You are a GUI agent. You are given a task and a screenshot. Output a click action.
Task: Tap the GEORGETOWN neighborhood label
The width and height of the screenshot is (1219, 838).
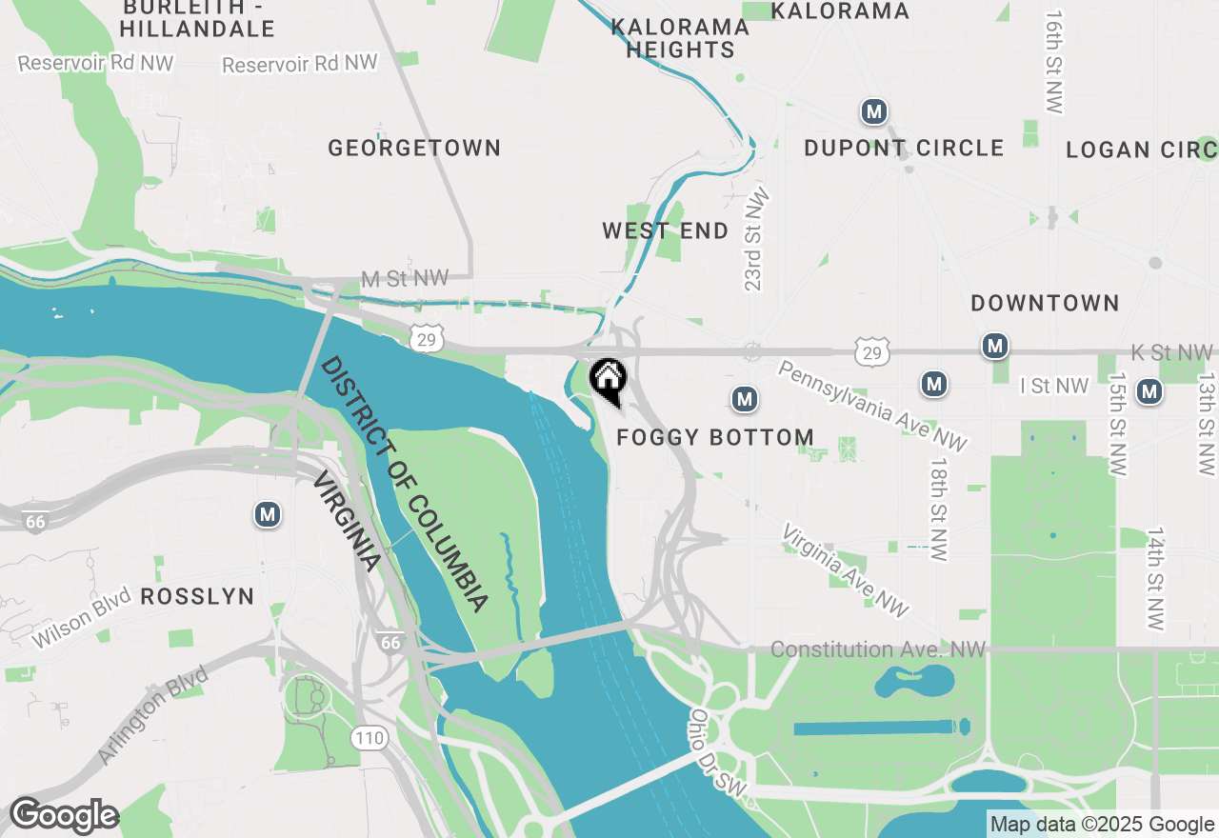pos(414,148)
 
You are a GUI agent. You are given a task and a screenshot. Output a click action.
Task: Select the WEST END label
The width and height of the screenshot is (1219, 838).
pos(665,230)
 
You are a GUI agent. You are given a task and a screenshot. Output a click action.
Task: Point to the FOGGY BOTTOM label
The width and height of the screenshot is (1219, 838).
pos(715,437)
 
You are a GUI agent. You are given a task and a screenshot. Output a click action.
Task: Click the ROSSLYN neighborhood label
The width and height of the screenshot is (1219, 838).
pos(197,597)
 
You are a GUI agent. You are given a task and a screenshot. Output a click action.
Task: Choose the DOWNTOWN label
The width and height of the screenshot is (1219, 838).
pos(1045,303)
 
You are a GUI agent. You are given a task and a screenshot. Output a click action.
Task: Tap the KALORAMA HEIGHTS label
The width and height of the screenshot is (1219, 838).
pos(680,38)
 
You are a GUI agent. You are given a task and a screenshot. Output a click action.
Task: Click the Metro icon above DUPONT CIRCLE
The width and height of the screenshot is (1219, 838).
pos(873,111)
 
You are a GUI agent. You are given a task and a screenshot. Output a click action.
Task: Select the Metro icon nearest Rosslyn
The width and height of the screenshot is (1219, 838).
pos(268,515)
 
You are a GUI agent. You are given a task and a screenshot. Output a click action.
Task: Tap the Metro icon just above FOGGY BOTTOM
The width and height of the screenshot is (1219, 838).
pos(745,399)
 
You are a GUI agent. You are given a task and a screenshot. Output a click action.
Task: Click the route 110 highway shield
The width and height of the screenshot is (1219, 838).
pos(368,736)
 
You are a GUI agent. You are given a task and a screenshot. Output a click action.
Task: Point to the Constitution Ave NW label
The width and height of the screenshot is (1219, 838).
pos(877,649)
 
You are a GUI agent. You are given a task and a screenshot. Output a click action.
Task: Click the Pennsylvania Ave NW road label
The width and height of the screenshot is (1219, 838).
pos(872,406)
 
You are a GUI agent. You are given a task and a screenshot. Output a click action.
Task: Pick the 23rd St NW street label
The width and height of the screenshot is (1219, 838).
pos(756,238)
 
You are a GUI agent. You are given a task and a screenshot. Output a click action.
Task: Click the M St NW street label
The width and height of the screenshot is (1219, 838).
pos(405,278)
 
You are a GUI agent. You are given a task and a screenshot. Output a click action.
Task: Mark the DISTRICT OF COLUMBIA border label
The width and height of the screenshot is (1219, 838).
pos(406,484)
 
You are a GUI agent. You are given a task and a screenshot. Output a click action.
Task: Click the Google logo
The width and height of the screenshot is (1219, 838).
pos(63,816)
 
